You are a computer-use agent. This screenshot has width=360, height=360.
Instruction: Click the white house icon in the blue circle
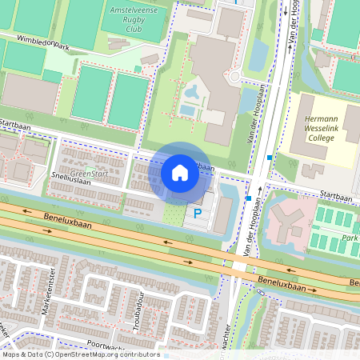pos(180,173)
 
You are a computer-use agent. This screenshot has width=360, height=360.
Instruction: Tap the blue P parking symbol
pos(197,214)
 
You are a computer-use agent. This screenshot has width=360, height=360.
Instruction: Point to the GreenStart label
pos(88,173)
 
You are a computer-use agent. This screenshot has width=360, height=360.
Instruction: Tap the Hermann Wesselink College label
pos(324,127)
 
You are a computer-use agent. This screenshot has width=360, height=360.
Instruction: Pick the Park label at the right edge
pos(350,238)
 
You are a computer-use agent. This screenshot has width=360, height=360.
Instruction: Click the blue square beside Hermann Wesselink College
pos(270,158)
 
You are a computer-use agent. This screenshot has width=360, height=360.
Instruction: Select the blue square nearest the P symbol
pos(249,198)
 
